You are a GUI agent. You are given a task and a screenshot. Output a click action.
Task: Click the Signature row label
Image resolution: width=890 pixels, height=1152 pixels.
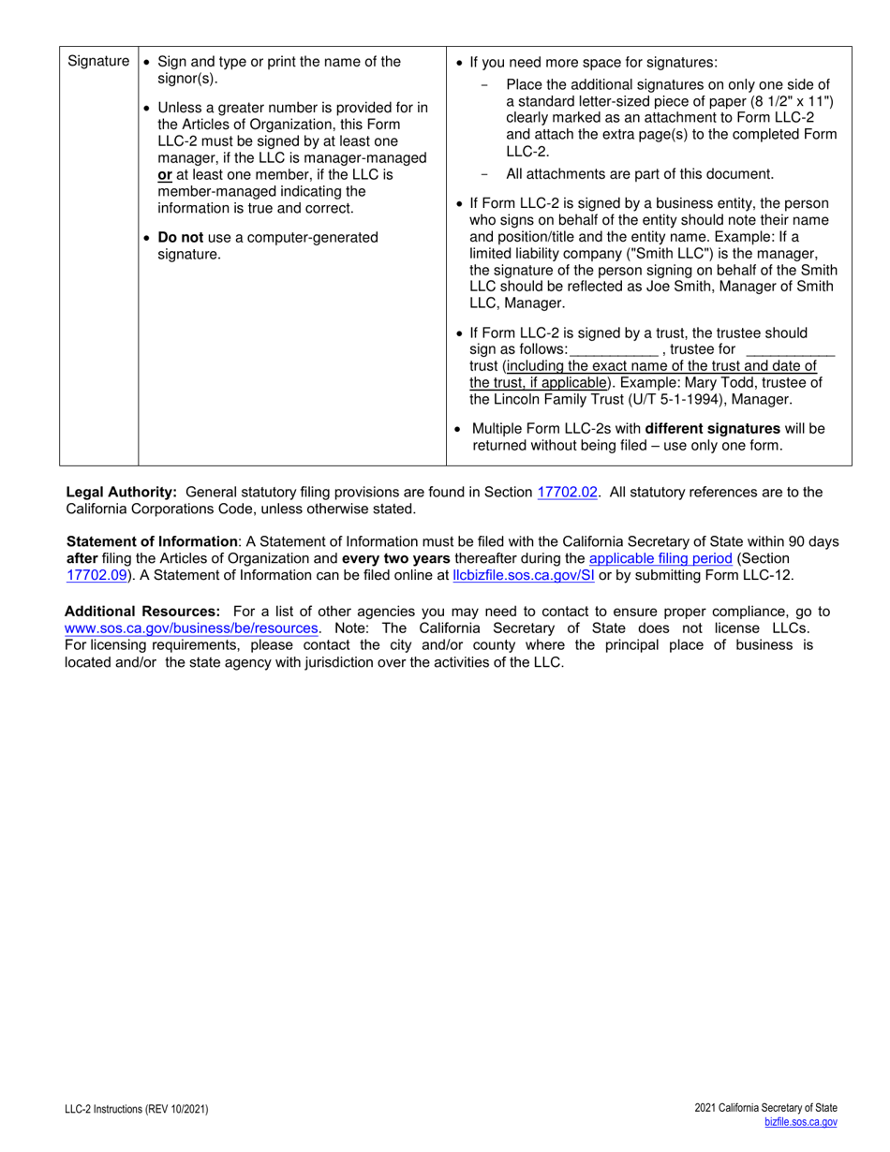98,62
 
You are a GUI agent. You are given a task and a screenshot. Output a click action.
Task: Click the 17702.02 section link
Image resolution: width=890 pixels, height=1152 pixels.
568,492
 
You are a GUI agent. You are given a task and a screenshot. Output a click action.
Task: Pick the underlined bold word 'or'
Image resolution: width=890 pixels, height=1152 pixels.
164,174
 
